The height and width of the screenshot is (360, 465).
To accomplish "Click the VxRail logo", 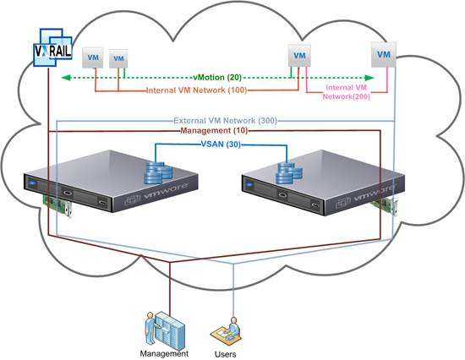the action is tap(53, 47).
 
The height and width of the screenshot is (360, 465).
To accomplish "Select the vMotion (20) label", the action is tap(217, 78).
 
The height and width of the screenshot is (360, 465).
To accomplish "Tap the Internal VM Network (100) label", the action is tap(197, 90).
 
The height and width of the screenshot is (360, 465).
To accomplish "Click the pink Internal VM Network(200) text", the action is tap(347, 92).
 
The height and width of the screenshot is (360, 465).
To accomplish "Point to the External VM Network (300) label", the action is tap(226, 121).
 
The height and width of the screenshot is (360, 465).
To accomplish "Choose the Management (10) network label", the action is tap(214, 130).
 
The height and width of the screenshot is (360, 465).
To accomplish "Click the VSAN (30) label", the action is tap(221, 145).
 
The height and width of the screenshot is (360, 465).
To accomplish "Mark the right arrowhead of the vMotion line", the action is tap(369, 78).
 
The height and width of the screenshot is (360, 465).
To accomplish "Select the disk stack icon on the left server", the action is tap(157, 173).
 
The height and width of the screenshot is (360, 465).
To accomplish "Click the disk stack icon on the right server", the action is tap(289, 173).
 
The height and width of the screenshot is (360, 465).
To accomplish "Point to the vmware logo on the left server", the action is tap(156, 194).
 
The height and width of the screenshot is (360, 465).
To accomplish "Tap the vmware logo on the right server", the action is tap(365, 197).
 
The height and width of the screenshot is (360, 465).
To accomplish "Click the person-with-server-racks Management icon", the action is tap(165, 330).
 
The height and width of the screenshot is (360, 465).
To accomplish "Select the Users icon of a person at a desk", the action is tap(226, 331).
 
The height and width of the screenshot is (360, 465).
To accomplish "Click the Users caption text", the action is tap(226, 354).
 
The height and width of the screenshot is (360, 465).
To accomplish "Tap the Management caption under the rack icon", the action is tap(164, 353).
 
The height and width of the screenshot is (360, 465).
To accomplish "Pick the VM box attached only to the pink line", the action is tap(384, 55).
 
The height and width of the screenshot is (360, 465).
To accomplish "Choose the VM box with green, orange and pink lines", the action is tap(299, 56).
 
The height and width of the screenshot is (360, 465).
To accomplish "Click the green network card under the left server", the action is tap(58, 205).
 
